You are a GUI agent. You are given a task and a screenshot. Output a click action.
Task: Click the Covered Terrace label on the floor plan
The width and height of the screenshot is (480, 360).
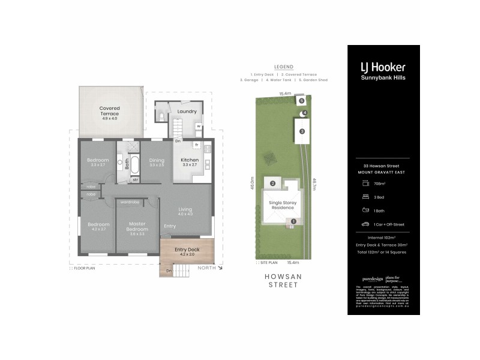(x=109, y=111)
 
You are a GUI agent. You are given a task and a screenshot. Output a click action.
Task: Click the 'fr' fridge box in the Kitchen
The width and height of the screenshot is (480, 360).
(x=196, y=146)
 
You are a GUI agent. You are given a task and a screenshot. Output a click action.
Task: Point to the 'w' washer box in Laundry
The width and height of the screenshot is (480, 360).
(x=198, y=126)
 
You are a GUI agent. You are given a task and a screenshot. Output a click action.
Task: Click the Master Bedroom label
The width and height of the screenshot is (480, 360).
(x=137, y=228)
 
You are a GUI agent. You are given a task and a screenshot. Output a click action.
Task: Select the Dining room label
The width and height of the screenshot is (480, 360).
(x=157, y=160)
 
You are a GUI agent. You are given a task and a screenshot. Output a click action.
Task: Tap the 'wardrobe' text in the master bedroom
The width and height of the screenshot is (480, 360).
(x=130, y=202)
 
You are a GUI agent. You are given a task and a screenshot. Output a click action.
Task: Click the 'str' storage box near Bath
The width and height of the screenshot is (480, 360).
(x=135, y=179)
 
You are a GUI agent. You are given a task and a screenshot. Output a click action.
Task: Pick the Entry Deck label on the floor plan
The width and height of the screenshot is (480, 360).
(x=187, y=250)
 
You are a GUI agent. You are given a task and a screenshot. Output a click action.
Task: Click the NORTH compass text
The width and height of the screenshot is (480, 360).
(x=206, y=268)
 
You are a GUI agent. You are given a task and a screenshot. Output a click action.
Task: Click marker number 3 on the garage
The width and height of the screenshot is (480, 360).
(x=302, y=131)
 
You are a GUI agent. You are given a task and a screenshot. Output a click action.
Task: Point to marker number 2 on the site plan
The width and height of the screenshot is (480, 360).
(x=272, y=184)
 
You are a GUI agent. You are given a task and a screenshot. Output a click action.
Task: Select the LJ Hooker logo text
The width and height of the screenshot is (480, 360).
(x=383, y=68)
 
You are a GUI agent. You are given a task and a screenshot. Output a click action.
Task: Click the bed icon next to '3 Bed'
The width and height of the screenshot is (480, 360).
(x=364, y=196)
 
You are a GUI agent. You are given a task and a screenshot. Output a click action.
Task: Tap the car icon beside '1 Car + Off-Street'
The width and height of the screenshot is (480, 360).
(x=364, y=224)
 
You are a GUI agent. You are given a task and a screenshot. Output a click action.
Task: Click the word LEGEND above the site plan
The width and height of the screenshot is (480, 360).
(x=283, y=67)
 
